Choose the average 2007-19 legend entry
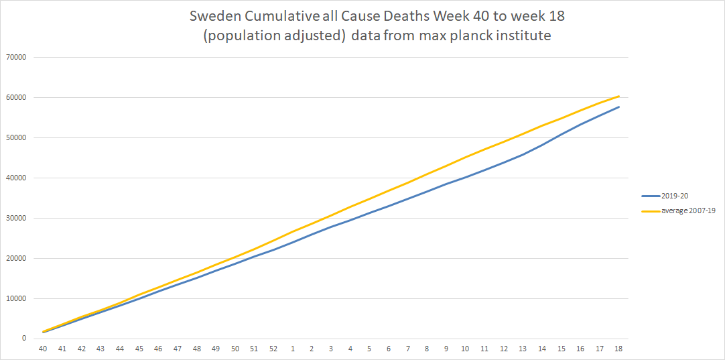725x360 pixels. pos(679,211)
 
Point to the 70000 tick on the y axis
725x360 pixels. pos(15,57)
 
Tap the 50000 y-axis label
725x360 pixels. pos(15,137)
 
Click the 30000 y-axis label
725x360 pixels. pos(15,218)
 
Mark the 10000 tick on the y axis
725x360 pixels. pos(15,298)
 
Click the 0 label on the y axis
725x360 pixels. pos(23,339)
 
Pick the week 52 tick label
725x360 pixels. pos(273,349)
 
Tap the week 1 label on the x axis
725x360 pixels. pos(293,349)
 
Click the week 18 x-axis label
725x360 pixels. pos(618,349)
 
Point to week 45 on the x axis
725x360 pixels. pos(139,349)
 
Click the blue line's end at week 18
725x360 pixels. pos(618,107)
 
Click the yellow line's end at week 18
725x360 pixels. pos(618,96)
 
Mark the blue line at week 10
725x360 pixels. pos(465,177)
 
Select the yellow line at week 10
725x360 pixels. pos(465,158)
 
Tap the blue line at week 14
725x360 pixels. pos(541,144)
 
